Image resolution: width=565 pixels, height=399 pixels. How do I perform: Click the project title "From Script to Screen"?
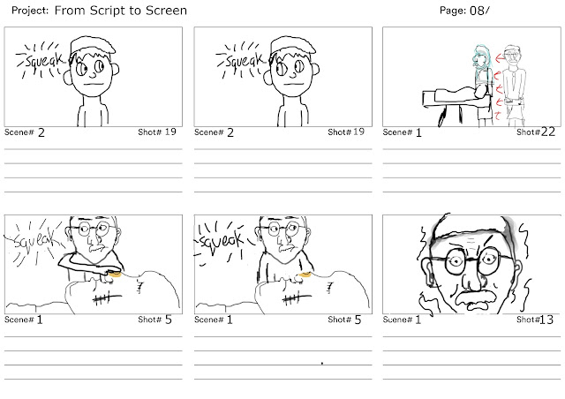coord(121,11)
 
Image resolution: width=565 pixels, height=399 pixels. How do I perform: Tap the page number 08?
coord(477,11)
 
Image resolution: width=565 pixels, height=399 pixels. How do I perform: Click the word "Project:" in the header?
coord(30,11)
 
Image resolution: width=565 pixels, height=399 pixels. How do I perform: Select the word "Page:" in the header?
coord(453,11)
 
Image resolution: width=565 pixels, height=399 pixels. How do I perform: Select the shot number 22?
coord(547,132)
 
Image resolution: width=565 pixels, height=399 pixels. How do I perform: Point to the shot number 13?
coord(546,320)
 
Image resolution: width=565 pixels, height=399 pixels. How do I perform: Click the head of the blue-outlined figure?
coord(481,56)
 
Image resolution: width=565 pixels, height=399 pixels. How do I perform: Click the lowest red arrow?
coord(498,116)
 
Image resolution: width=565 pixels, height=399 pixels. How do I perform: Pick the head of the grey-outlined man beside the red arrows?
coord(512,56)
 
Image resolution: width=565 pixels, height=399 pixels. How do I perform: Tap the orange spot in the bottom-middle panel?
coord(305,275)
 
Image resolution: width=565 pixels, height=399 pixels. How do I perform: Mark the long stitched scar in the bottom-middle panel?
coord(298,298)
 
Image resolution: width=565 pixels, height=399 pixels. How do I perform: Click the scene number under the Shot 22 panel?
coord(418,133)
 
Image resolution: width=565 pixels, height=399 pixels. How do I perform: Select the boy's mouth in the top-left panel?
coord(94,85)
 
